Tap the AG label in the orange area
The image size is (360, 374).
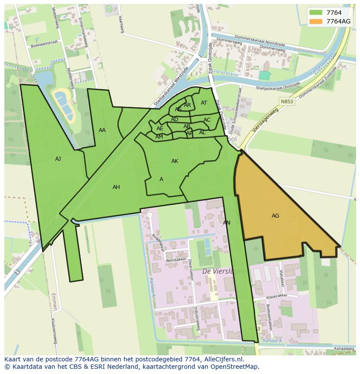click(x=275, y=216)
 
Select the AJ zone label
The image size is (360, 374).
click(x=58, y=159)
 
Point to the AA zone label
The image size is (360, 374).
click(x=102, y=130)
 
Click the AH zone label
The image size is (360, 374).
click(x=116, y=187)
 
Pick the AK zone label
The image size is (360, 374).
click(x=175, y=161)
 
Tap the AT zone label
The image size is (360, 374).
click(x=204, y=103)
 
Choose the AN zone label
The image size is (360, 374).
click(x=227, y=223)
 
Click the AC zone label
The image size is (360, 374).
click(x=207, y=120)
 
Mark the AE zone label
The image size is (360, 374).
click(x=160, y=129)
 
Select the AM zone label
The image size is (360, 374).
click(x=159, y=137)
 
